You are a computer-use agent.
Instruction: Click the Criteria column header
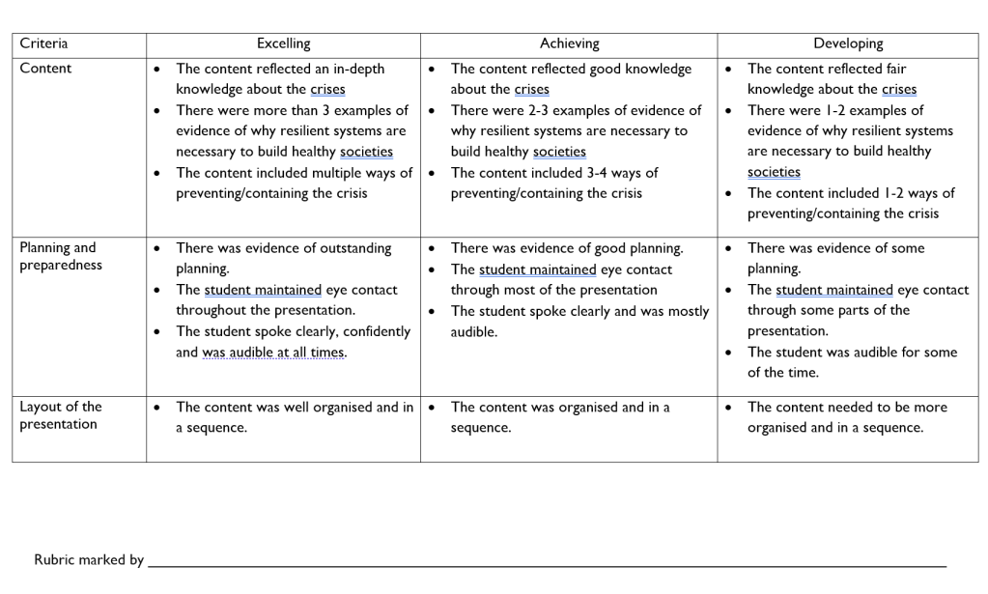43,43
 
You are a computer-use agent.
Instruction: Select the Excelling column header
283,43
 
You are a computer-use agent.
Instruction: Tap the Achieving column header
569,43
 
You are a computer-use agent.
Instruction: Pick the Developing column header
847,43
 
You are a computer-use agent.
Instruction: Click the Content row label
45,69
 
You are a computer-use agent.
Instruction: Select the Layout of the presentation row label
60,415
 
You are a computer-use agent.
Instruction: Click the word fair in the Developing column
891,69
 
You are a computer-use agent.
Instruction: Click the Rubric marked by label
89,559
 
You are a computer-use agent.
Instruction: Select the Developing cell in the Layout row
847,417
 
